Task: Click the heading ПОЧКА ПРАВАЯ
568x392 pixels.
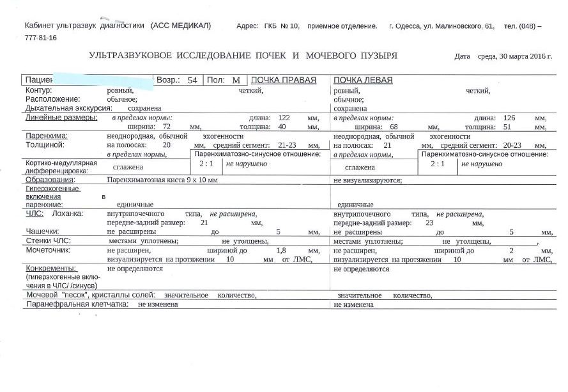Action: [x=284, y=81]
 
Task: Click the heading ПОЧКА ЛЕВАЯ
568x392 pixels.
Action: [x=363, y=81]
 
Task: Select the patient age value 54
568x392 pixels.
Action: [x=192, y=81]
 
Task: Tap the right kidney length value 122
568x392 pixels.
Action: [x=284, y=118]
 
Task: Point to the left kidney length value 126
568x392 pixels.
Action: [x=509, y=118]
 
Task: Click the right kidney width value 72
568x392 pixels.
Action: [x=168, y=127]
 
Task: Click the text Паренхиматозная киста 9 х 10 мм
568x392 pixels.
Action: [x=162, y=180]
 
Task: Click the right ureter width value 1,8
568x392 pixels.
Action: [x=280, y=251]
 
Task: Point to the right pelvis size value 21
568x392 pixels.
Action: [x=204, y=223]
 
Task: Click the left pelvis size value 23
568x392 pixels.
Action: [x=429, y=223]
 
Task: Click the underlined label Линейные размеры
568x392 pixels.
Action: [x=61, y=118]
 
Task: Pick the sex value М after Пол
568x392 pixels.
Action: [x=235, y=81]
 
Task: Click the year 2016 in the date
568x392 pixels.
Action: [x=538, y=56]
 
